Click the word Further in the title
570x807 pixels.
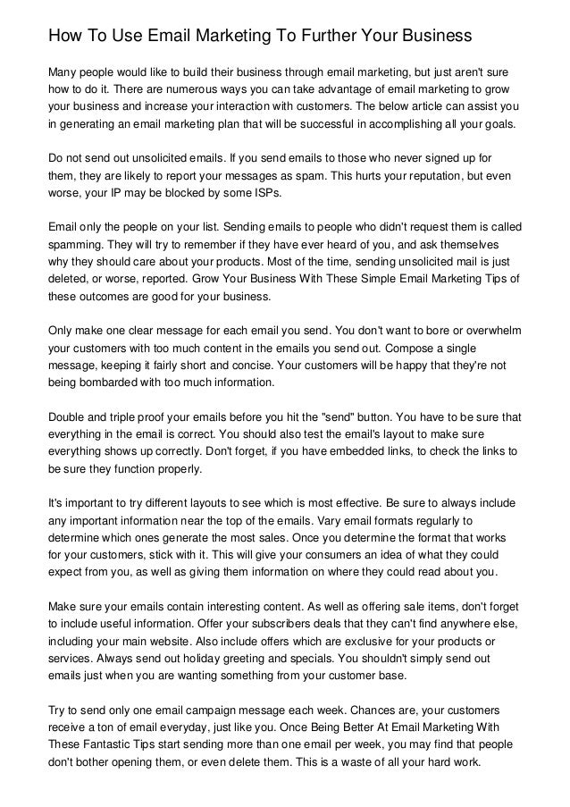306,37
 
